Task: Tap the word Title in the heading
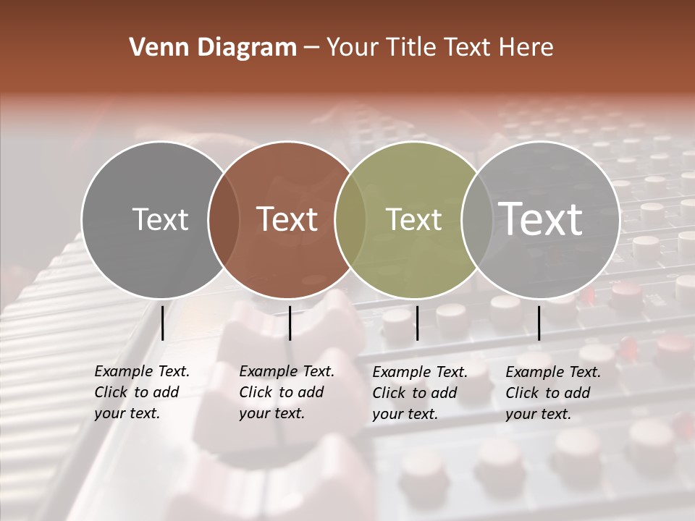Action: pos(410,48)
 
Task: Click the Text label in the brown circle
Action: pos(287,219)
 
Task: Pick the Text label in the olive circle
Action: pos(413,219)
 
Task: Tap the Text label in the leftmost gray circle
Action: pos(160,219)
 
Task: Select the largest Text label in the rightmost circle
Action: pos(540,219)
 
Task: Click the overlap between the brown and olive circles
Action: pos(350,219)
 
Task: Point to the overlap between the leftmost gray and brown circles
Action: pos(224,219)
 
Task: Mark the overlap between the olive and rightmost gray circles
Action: pos(476,219)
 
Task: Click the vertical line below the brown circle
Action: pos(290,323)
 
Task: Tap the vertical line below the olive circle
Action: pos(417,323)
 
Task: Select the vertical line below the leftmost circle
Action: pos(162,323)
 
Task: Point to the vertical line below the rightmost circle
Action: pos(539,323)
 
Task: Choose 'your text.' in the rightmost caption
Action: pos(538,414)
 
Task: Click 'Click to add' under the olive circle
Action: pos(414,393)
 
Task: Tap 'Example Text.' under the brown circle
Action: pos(287,372)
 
